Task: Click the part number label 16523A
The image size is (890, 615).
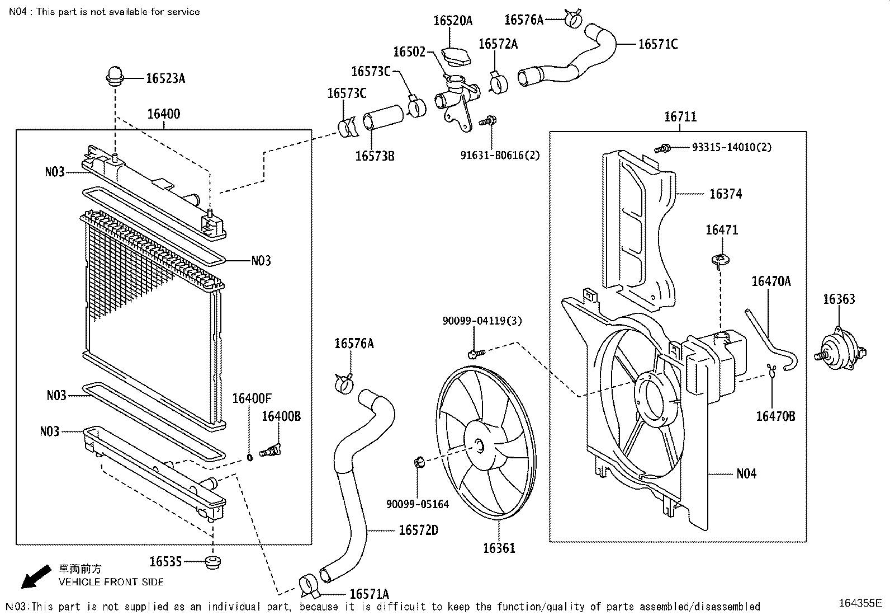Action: (x=165, y=78)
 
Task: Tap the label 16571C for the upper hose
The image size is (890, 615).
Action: (x=658, y=44)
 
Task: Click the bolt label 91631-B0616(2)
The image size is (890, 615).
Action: (x=500, y=155)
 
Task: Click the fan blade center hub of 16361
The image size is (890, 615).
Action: (x=479, y=446)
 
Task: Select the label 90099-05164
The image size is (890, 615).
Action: (x=418, y=504)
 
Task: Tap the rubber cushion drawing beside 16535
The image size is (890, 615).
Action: (x=212, y=563)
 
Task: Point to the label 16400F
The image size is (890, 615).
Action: (x=252, y=398)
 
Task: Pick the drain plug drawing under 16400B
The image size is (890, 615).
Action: (x=270, y=449)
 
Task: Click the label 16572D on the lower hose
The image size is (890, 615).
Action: (x=418, y=530)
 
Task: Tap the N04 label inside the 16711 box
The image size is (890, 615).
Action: (x=746, y=474)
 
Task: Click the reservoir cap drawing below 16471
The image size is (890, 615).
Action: (x=721, y=260)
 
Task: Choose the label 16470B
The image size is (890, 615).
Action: (x=775, y=416)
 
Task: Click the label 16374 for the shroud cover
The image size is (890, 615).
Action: (x=726, y=194)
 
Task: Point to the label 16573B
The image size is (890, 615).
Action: (x=375, y=156)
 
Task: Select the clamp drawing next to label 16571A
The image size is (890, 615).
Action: (x=307, y=584)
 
